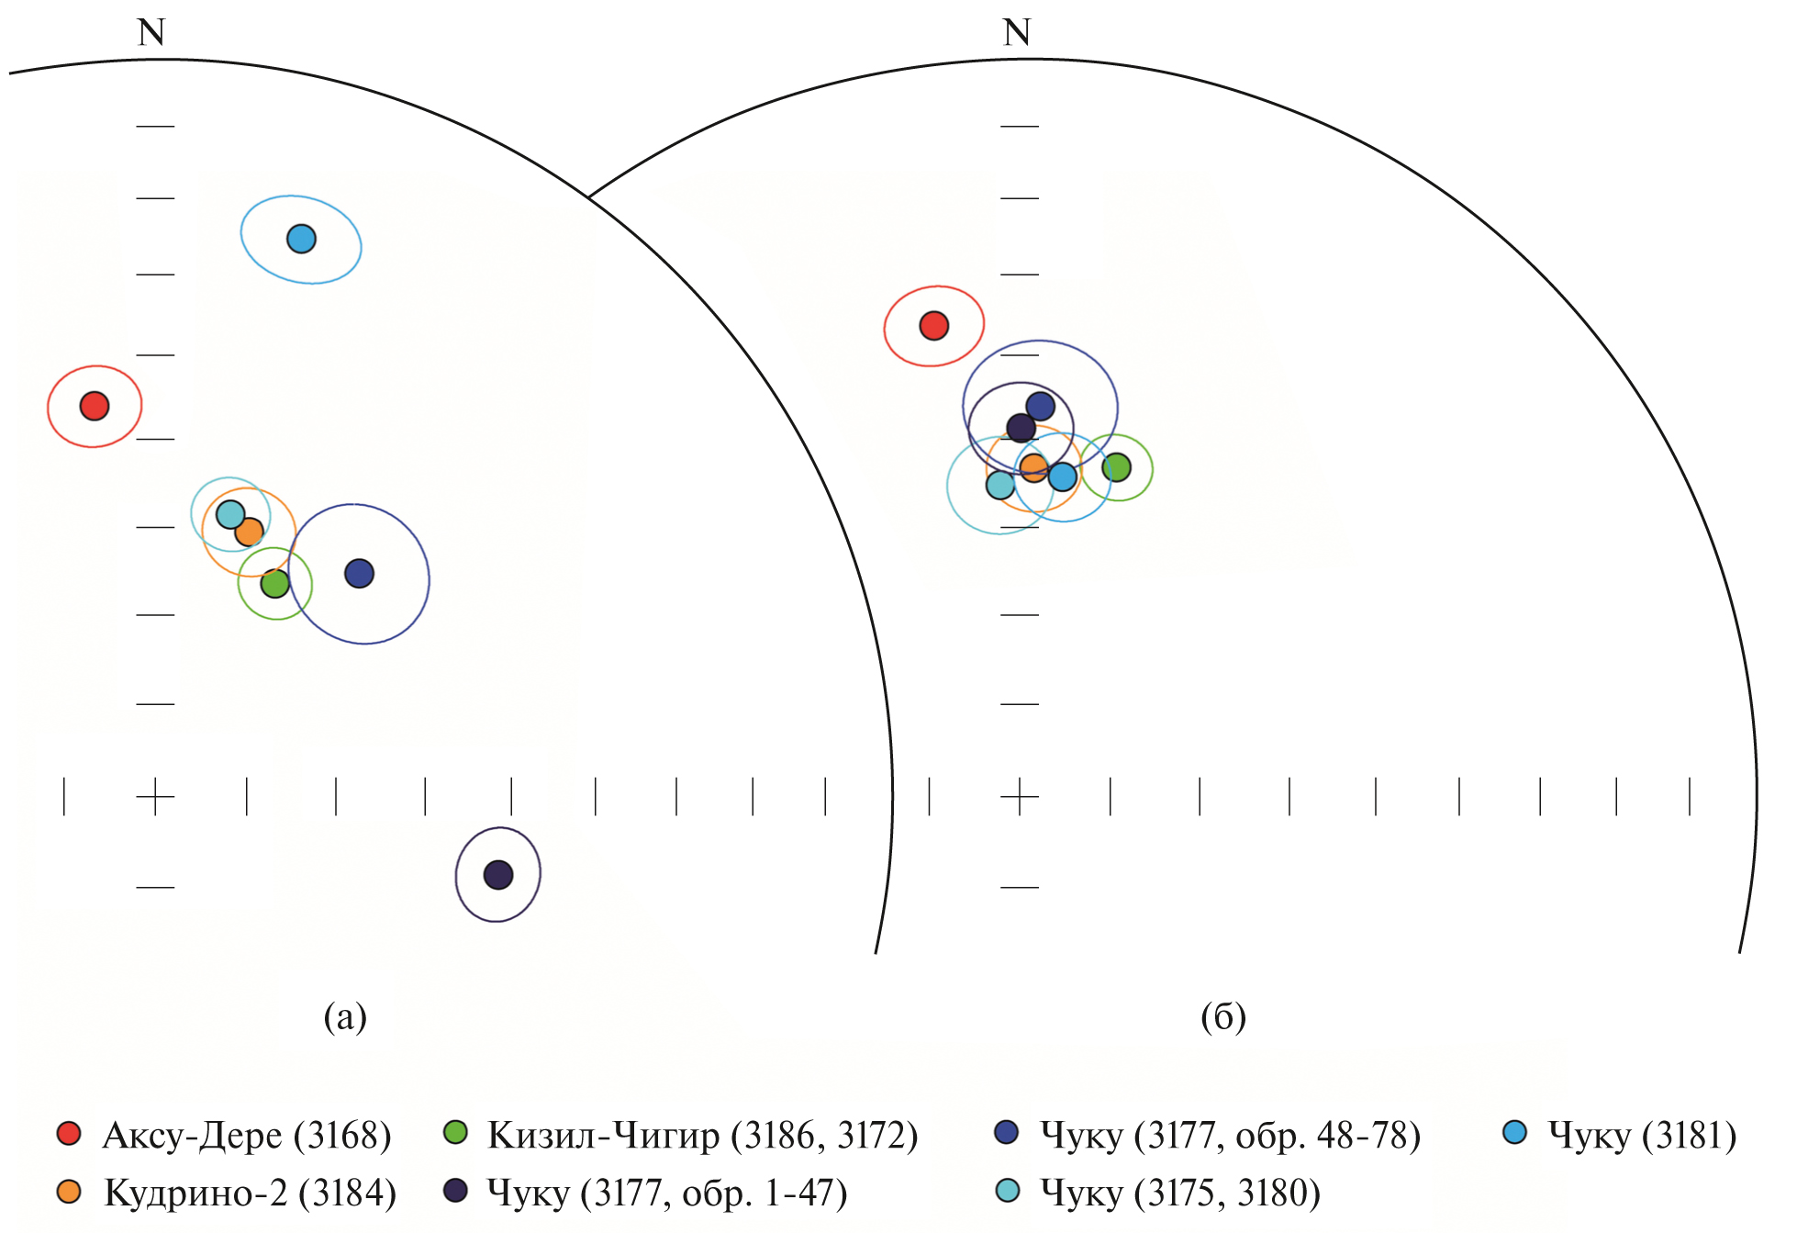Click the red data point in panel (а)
(x=95, y=406)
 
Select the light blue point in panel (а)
(x=301, y=239)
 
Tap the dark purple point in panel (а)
(x=498, y=875)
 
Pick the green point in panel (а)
(x=275, y=583)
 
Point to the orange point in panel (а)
(x=250, y=532)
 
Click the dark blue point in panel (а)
(x=359, y=574)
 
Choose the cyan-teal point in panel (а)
(x=230, y=514)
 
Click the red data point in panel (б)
(x=934, y=326)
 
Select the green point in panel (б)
(x=1116, y=467)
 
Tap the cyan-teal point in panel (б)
(x=1000, y=485)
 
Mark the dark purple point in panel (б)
(x=1021, y=428)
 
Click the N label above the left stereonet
(x=151, y=33)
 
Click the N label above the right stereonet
(x=1017, y=33)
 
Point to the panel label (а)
(x=345, y=1016)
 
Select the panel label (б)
(x=1223, y=1016)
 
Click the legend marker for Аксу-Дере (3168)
(x=69, y=1133)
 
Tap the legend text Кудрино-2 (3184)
(x=251, y=1193)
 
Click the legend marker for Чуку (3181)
(x=1514, y=1133)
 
